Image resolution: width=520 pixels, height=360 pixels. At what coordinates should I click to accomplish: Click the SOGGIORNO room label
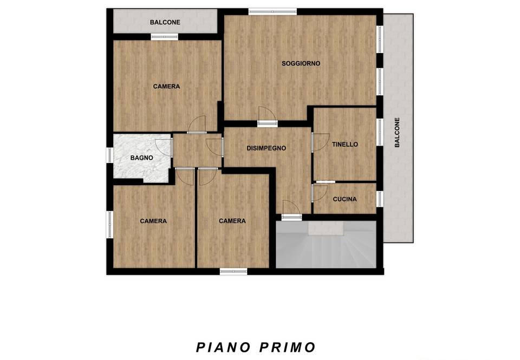pyautogui.click(x=301, y=63)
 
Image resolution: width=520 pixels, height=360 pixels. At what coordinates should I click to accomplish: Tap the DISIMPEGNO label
pyautogui.click(x=266, y=148)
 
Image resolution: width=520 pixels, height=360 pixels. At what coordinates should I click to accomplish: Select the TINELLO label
pyautogui.click(x=345, y=144)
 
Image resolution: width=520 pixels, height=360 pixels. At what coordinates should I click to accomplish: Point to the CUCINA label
pyautogui.click(x=345, y=199)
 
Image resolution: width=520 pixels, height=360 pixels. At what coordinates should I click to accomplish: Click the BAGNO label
pyautogui.click(x=141, y=158)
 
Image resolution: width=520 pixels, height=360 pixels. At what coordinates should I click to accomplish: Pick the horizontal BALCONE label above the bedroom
pyautogui.click(x=165, y=22)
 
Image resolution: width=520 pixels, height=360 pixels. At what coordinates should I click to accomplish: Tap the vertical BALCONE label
pyautogui.click(x=397, y=132)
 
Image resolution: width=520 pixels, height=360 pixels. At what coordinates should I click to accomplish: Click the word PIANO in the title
pyautogui.click(x=223, y=348)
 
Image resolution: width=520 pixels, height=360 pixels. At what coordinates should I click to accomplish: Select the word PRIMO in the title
pyautogui.click(x=288, y=348)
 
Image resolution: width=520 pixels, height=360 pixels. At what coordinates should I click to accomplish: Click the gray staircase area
pyautogui.click(x=326, y=244)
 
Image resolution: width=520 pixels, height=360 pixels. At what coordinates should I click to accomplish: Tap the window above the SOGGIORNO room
pyautogui.click(x=272, y=11)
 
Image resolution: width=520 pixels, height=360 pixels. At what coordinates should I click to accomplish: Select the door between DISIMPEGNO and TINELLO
pyautogui.click(x=320, y=142)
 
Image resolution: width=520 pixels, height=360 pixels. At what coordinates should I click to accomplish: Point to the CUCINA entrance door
pyautogui.click(x=320, y=193)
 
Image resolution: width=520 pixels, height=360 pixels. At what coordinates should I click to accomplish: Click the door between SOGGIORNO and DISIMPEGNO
pyautogui.click(x=267, y=116)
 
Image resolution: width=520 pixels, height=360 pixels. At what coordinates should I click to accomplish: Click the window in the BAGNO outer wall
pyautogui.click(x=110, y=155)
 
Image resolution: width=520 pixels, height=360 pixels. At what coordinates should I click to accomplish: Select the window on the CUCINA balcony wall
pyautogui.click(x=380, y=199)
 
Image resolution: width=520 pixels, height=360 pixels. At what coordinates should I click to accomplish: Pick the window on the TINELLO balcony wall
pyautogui.click(x=380, y=132)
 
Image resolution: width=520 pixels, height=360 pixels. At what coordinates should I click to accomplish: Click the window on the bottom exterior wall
pyautogui.click(x=233, y=272)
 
